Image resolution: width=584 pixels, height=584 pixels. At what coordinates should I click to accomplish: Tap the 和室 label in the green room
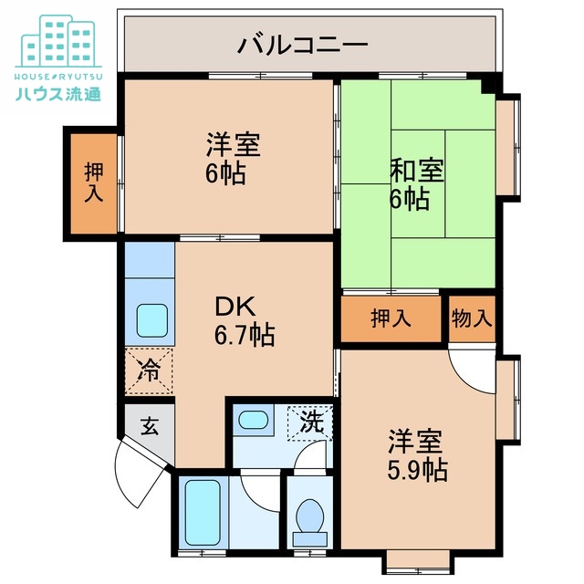pos(417,171)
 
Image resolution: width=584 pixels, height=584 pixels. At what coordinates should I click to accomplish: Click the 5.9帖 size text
pos(416,470)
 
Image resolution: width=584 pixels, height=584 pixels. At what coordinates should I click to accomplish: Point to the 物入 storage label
pos(471,318)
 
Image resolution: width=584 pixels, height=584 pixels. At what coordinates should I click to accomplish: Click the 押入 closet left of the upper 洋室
pos(92,182)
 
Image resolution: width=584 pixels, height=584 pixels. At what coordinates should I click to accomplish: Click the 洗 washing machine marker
pos(311,422)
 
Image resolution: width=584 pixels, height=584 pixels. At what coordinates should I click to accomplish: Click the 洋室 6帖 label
pos(229,158)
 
